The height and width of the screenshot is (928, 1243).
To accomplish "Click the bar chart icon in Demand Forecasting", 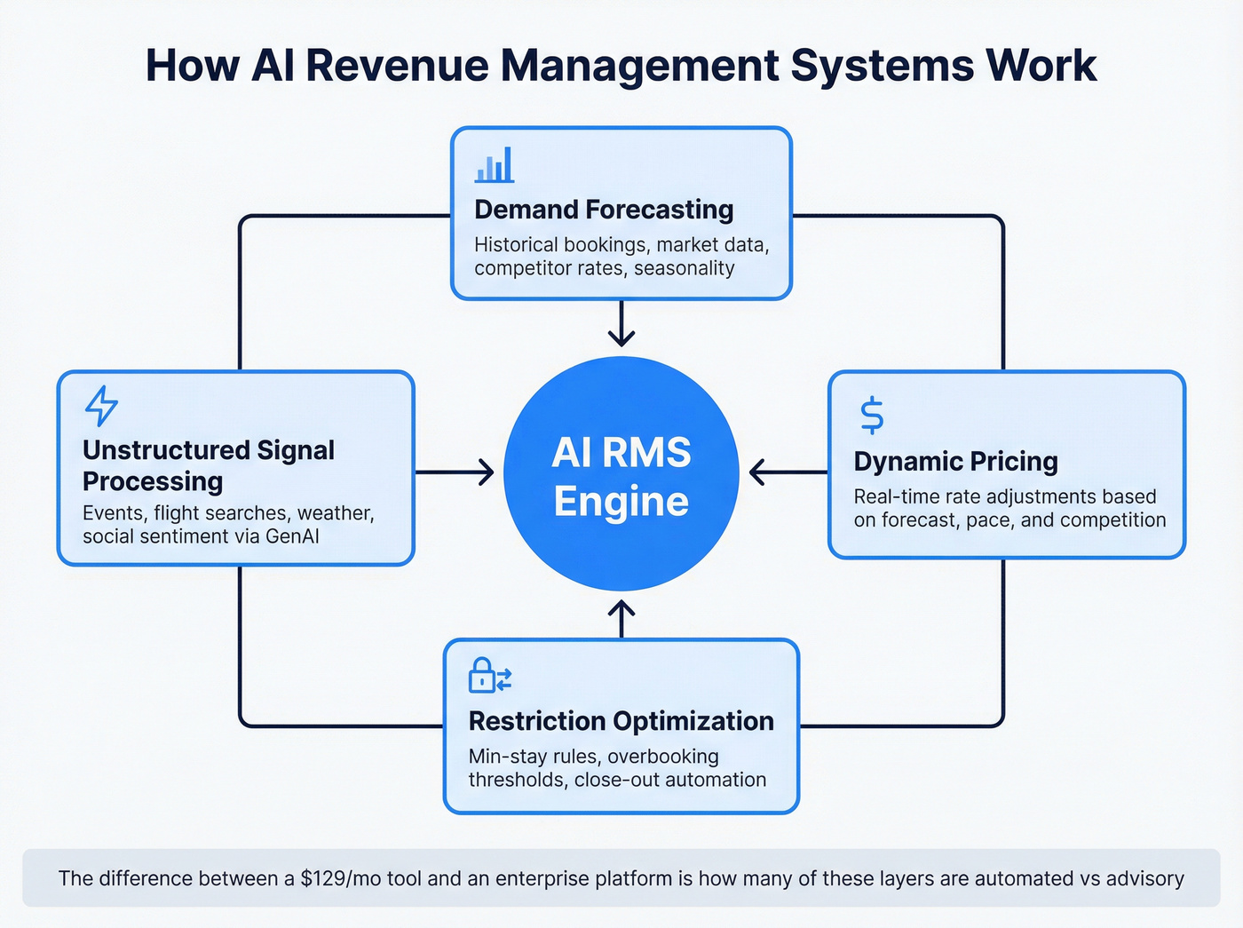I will (x=495, y=165).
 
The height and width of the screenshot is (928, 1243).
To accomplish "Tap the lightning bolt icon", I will (x=101, y=406).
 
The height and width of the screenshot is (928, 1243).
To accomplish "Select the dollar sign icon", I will (x=872, y=415).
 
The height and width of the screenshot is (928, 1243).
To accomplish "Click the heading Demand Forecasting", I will (x=604, y=210).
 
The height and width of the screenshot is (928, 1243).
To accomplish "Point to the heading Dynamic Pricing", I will (x=955, y=462).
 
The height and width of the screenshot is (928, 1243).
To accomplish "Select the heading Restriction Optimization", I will (x=621, y=721).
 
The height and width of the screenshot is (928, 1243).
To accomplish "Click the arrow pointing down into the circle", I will (x=621, y=326).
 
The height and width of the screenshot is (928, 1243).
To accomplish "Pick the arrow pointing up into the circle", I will (x=621, y=619).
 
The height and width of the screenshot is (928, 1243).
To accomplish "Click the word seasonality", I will (x=684, y=268).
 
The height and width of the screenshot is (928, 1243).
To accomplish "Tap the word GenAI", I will (x=292, y=536).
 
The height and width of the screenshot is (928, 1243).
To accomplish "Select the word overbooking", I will (x=662, y=757).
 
